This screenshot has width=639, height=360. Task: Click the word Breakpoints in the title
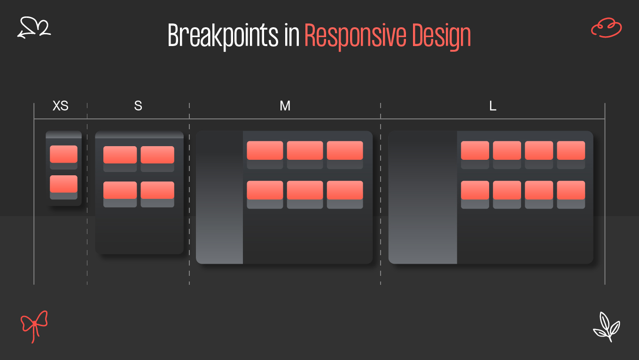coord(223,36)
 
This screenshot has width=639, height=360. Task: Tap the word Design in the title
coord(442,36)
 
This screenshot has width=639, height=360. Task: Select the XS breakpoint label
coord(60,106)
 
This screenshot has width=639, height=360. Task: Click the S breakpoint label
coord(138,106)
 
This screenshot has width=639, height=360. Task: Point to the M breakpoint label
coord(285,106)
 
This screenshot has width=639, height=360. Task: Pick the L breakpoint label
coord(492,106)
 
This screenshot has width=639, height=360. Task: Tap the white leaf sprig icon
coord(606,326)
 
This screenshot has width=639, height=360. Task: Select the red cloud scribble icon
coord(606,28)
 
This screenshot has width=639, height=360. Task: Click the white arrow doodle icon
coord(34,27)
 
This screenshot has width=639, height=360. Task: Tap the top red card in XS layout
coord(63,154)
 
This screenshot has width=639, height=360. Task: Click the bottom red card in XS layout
coord(63,184)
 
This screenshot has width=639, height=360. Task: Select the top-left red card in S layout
coord(120,155)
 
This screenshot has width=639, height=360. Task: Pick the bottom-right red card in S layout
coord(157,190)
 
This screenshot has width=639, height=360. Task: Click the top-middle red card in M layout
coord(305,150)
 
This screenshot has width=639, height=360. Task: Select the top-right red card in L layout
coord(571,150)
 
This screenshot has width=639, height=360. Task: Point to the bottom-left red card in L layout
coord(475,190)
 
